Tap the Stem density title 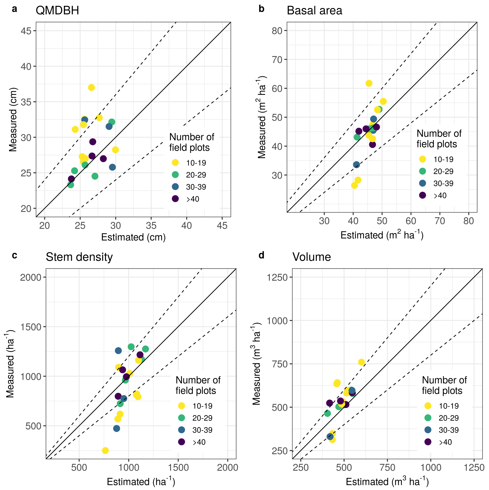(79, 257)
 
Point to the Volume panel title (312, 257)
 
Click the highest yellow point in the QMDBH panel (91, 88)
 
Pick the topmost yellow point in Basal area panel (369, 83)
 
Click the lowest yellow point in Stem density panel (105, 450)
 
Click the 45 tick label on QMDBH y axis (26, 31)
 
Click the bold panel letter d (261, 255)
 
